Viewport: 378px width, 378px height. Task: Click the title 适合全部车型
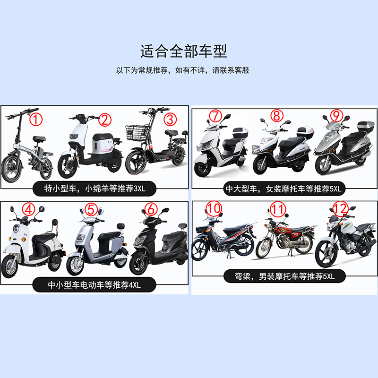click(183, 51)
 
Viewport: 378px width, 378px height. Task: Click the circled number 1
click(36, 118)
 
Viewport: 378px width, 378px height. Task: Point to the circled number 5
click(91, 209)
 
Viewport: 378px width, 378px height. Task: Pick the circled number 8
click(277, 115)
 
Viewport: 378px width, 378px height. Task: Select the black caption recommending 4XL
click(94, 284)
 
